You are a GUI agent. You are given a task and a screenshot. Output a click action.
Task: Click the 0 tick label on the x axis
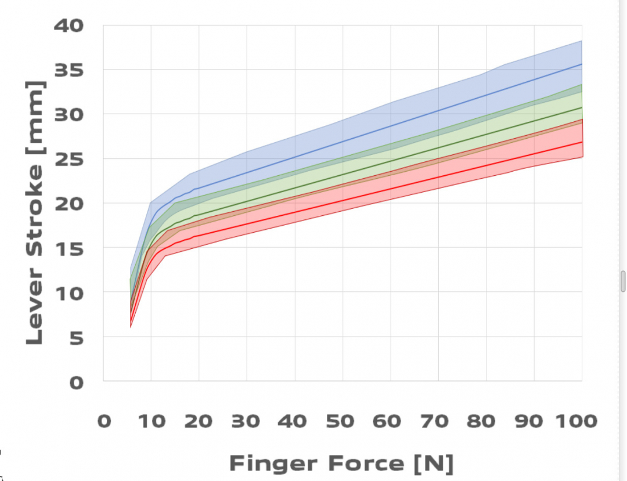pyautogui.click(x=104, y=421)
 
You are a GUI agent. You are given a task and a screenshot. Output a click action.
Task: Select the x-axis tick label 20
pyautogui.click(x=199, y=421)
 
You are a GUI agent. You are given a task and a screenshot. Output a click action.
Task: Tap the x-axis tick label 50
pyautogui.click(x=342, y=421)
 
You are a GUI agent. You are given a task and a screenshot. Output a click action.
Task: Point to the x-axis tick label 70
pyautogui.click(x=438, y=421)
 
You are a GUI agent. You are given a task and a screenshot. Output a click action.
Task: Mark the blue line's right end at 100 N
pyautogui.click(x=582, y=64)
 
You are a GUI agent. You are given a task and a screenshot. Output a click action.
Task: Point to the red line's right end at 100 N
pyautogui.click(x=582, y=142)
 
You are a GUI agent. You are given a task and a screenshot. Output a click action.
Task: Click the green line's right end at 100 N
pyautogui.click(x=582, y=107)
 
